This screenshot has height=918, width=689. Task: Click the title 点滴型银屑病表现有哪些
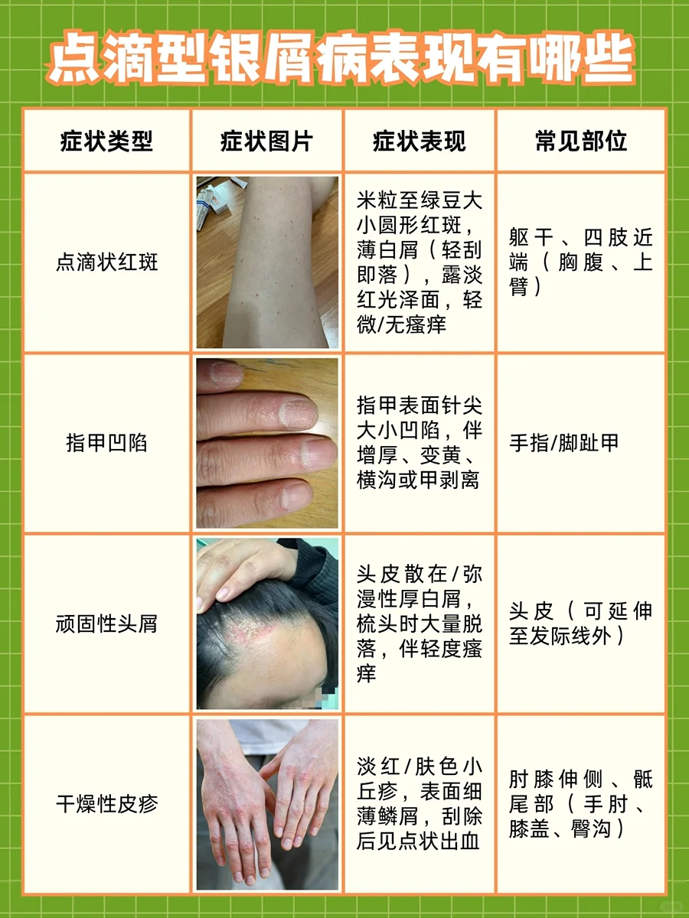[x=344, y=58]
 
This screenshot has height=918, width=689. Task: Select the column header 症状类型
[x=106, y=142]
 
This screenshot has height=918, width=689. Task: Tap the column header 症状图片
[x=266, y=142]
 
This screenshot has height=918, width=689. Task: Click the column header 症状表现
[x=419, y=142]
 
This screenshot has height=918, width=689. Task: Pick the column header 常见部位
[x=580, y=142]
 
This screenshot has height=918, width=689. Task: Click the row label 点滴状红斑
[x=106, y=262]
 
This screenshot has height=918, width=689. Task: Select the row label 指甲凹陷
[x=106, y=444]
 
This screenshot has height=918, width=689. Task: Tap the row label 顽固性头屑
[x=106, y=623]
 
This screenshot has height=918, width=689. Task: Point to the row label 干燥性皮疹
[x=106, y=804]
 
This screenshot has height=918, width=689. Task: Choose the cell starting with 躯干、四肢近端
[x=580, y=262]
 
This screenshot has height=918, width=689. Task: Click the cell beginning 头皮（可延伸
[x=580, y=623]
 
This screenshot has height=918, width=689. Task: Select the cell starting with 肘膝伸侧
[x=580, y=804]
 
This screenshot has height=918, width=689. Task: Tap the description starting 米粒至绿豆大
[x=419, y=262]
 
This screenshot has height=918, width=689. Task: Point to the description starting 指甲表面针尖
[x=419, y=444]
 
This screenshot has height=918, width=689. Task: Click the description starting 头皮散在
[x=419, y=623]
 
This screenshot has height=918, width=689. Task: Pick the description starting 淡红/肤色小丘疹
[x=419, y=804]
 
